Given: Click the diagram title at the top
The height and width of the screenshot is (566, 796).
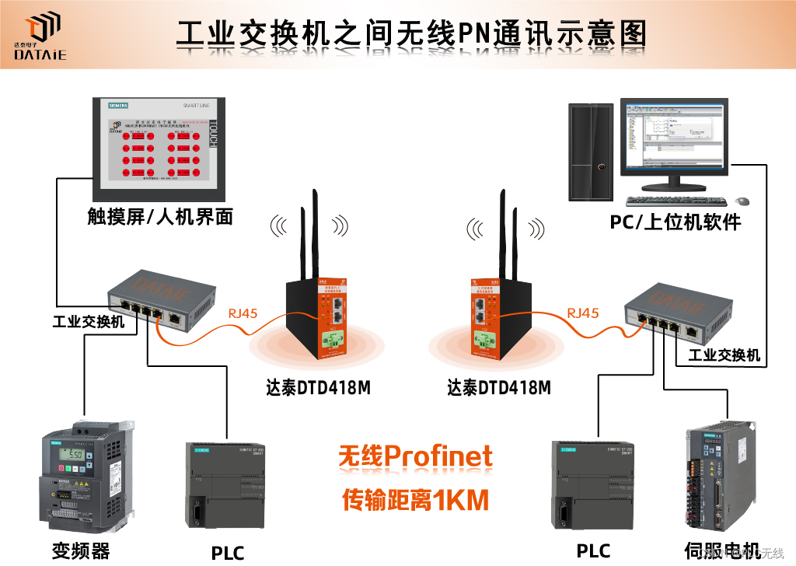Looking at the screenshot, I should tap(412, 34).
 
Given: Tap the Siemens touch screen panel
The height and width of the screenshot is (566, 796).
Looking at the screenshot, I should tap(159, 148).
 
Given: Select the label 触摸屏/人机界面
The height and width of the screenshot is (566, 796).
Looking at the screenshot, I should tap(160, 215).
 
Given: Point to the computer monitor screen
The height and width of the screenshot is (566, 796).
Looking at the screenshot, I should tap(673, 137).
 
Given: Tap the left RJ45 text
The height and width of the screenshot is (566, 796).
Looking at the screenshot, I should tap(243, 313).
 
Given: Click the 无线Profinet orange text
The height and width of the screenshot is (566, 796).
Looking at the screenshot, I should tap(415, 456).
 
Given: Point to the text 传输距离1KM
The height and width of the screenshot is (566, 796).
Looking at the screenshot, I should tap(415, 499).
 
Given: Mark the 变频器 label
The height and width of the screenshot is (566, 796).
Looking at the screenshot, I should tap(81, 550).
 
